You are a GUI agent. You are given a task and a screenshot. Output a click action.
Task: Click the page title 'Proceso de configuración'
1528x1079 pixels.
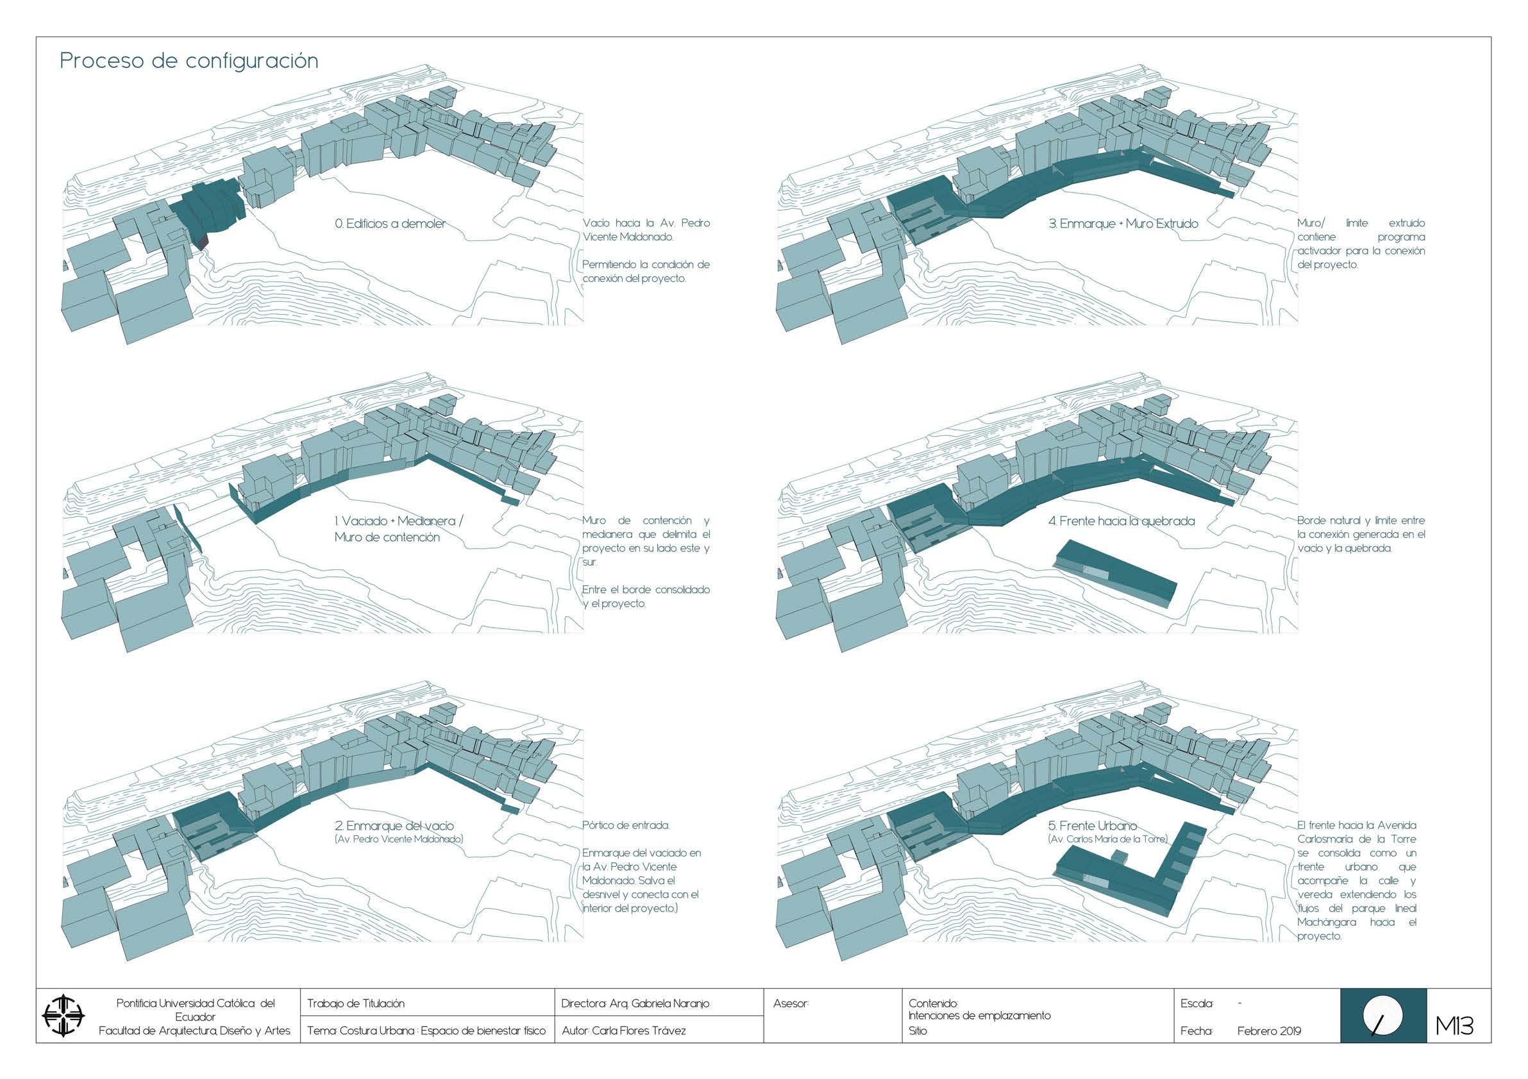coord(189,61)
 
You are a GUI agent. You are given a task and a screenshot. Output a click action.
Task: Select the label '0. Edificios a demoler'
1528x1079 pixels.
coord(390,224)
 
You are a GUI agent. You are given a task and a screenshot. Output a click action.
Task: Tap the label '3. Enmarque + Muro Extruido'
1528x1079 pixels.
coord(1123,224)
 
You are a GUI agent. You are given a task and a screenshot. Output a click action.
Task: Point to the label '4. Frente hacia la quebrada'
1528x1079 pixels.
coord(1121,521)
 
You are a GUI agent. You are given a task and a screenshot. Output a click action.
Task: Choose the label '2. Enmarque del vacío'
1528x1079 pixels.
coord(394,826)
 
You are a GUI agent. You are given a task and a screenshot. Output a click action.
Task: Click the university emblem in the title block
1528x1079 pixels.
coord(64,1016)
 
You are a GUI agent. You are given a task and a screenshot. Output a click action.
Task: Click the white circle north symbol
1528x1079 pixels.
coord(1383,1016)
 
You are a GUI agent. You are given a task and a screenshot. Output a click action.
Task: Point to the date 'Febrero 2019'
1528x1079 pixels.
coord(1269,1031)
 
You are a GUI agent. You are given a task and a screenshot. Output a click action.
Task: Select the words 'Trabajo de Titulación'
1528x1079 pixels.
coord(355,1003)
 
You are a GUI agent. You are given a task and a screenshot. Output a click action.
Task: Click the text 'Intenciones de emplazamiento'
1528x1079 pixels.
coord(979,1016)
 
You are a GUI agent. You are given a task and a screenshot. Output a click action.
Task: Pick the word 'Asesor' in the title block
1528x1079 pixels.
coord(791,1003)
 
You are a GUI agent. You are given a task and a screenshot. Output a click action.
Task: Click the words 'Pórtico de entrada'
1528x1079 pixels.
coord(626,826)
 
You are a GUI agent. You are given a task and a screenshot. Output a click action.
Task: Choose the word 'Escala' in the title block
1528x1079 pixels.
coord(1196,1003)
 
